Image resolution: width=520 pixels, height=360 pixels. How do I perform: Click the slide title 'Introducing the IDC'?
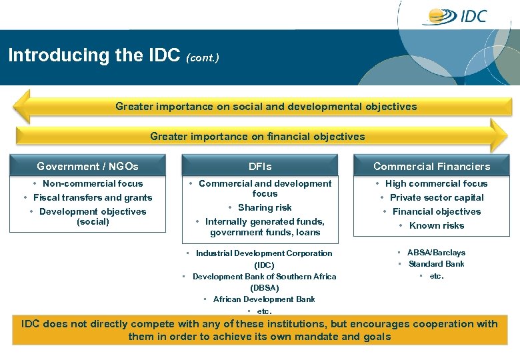pos(94,55)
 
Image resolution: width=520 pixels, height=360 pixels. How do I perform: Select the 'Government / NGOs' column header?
pos(87,166)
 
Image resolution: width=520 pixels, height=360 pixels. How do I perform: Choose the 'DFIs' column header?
pos(260,166)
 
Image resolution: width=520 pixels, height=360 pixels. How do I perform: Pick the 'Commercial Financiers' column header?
pos(431,166)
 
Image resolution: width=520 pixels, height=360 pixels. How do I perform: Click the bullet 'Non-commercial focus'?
pos(92,183)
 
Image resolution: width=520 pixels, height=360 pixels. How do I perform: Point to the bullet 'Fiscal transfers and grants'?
pos(92,197)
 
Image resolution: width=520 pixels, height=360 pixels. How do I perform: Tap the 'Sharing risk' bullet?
pos(265,207)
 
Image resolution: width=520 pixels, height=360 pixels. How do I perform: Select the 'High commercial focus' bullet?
pos(436,183)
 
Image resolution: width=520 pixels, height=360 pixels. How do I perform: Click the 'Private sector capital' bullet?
pos(436,197)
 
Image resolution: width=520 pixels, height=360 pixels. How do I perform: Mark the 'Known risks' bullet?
pos(436,225)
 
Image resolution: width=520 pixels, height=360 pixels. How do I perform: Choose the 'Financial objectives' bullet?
pos(436,211)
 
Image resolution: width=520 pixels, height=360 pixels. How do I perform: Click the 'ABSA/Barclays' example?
pos(436,253)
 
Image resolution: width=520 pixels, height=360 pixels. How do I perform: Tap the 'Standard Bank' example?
pos(436,264)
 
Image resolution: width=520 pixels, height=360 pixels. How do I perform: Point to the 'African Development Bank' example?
pos(264,299)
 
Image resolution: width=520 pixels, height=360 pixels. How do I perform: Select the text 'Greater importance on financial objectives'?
pos(257,137)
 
